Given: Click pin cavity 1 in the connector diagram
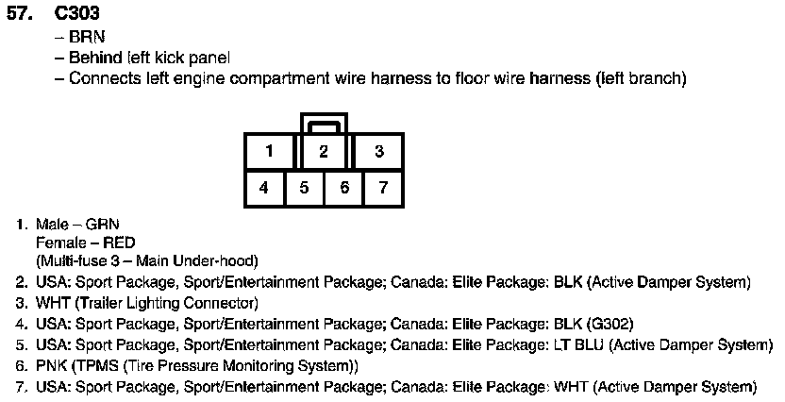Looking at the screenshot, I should point(269,151).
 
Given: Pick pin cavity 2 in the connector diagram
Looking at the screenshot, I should point(323,151).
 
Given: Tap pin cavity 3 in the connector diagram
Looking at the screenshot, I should point(377,151).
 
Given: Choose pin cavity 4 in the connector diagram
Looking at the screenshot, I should point(264,188).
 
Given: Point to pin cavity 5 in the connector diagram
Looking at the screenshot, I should point(304,188).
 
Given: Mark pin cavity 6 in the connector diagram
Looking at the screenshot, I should point(344,188).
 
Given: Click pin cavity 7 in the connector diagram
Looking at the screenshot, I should point(383,188).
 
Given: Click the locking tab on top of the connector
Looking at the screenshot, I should point(324,122).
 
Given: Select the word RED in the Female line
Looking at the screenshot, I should point(119,243).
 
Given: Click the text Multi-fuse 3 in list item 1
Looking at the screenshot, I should point(77,260).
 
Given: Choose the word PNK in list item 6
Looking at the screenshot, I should point(52,365).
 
